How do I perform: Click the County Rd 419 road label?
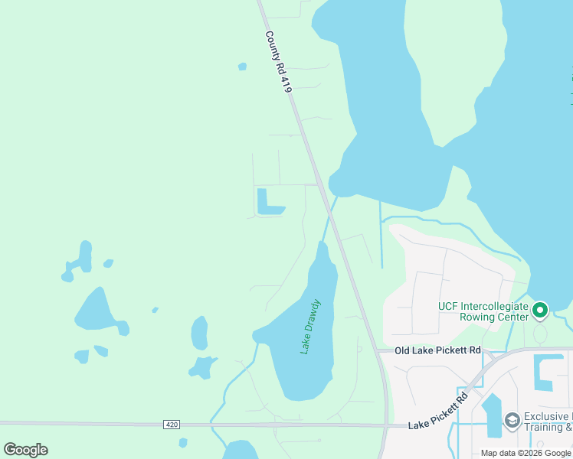coord(278,62)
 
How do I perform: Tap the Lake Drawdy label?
coord(310,327)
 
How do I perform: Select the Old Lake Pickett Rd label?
coord(437,350)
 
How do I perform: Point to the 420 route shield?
coord(171,424)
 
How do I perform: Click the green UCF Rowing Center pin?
coord(540,310)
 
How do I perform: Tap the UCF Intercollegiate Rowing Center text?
coord(483,311)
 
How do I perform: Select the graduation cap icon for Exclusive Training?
coord(512,420)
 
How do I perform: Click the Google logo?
coord(25,450)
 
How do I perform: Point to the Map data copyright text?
coord(526,453)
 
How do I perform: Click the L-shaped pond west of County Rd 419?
coord(267,203)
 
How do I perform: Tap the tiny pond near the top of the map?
coord(242,67)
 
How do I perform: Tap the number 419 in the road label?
coord(286,83)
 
